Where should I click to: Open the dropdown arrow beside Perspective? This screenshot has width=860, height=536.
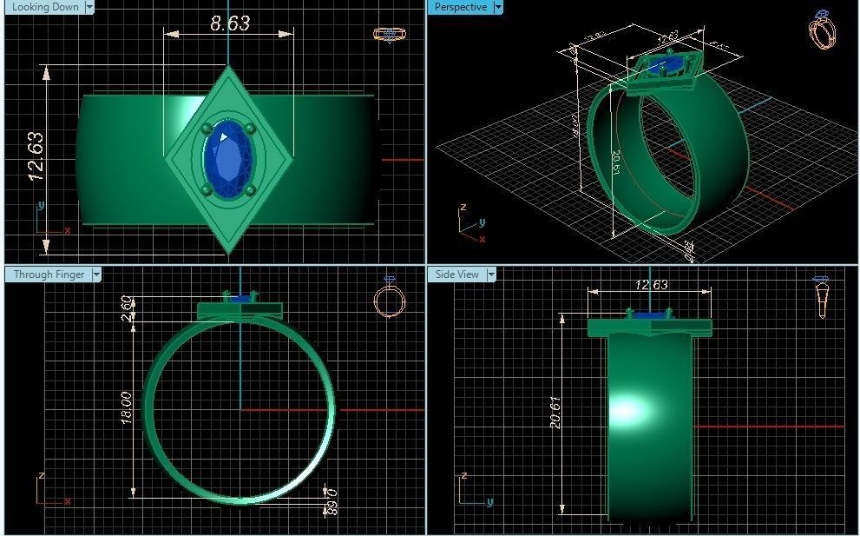point(497,7)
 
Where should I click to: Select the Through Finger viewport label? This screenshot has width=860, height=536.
point(49,275)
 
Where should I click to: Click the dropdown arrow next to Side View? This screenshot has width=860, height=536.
point(492,275)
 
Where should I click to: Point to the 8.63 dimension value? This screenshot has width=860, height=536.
point(229,23)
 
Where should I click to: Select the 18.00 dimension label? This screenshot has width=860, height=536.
point(126,407)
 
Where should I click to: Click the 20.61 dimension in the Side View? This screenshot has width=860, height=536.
point(555,412)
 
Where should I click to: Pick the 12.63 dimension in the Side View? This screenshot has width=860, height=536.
point(651,285)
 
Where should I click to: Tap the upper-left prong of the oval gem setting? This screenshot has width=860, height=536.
point(207,129)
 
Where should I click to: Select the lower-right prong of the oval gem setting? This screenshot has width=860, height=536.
point(250,190)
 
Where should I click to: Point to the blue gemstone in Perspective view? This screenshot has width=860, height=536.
point(669,64)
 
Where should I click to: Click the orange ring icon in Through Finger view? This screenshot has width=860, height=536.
point(389,298)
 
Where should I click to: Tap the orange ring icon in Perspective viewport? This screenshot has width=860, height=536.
point(823,30)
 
